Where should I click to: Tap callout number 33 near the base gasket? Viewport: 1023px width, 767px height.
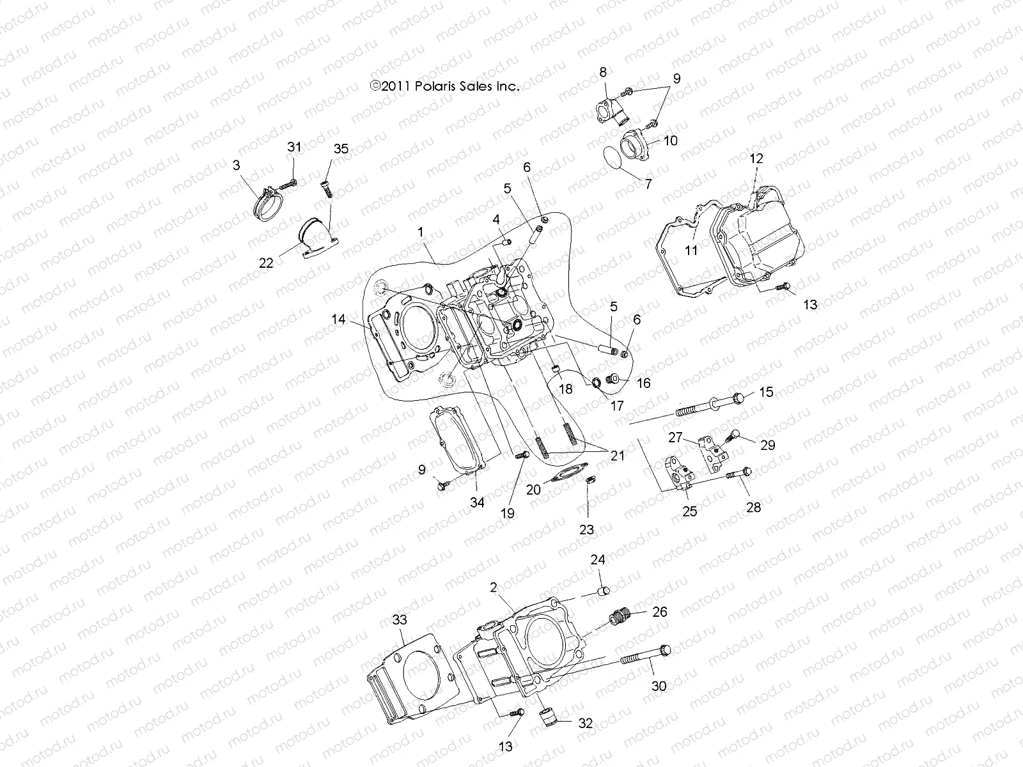pyautogui.click(x=400, y=619)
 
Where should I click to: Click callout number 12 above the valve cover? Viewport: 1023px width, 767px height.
pyautogui.click(x=756, y=159)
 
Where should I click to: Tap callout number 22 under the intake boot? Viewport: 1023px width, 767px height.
pyautogui.click(x=266, y=263)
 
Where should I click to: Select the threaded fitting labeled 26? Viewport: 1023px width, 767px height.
pyautogui.click(x=619, y=618)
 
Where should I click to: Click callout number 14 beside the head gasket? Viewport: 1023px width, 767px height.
pyautogui.click(x=338, y=318)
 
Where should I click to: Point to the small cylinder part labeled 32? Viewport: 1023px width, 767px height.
pyautogui.click(x=549, y=722)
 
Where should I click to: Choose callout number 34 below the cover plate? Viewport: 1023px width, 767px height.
pyautogui.click(x=477, y=502)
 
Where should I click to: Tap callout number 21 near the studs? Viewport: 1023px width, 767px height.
pyautogui.click(x=617, y=455)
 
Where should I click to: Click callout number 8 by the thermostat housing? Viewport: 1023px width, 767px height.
pyautogui.click(x=602, y=72)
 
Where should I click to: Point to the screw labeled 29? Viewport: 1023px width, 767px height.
pyautogui.click(x=735, y=437)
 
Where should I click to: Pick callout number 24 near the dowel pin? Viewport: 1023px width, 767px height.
pyautogui.click(x=598, y=560)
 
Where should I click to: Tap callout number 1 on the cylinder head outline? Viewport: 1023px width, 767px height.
pyautogui.click(x=421, y=233)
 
